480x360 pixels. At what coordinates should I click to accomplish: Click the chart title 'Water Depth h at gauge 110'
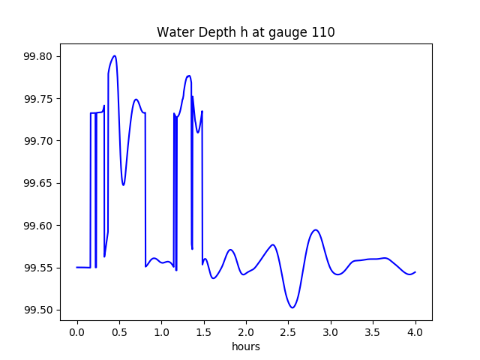pyautogui.click(x=245, y=32)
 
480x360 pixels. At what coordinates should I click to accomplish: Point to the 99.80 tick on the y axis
pyautogui.click(x=38, y=57)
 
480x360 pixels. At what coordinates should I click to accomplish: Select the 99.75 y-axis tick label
pyautogui.click(x=38, y=99)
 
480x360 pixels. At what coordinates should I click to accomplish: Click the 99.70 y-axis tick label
pyautogui.click(x=38, y=141)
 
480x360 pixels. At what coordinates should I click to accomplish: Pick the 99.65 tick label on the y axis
pyautogui.click(x=38, y=184)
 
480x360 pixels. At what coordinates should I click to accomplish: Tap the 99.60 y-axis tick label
pyautogui.click(x=38, y=226)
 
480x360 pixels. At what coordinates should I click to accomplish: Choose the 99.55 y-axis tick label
pyautogui.click(x=38, y=268)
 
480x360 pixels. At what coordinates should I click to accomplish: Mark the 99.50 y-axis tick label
pyautogui.click(x=38, y=310)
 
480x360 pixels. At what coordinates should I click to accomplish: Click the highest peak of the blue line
pyautogui.click(x=115, y=55)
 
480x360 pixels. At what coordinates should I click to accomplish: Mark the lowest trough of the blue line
pyautogui.click(x=292, y=307)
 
